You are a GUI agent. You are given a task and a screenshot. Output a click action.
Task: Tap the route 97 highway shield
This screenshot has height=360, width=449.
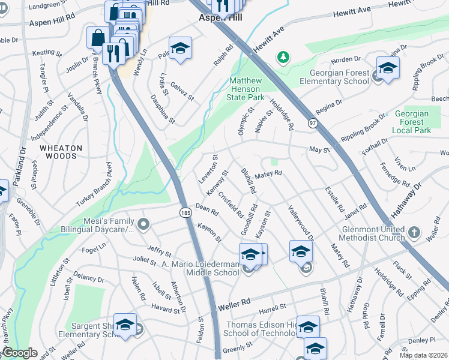click(x=313, y=122)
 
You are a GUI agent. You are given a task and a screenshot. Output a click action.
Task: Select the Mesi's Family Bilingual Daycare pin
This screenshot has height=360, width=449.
click(x=143, y=225)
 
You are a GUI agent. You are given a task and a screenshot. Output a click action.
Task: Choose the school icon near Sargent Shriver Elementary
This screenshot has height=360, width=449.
click(x=125, y=326)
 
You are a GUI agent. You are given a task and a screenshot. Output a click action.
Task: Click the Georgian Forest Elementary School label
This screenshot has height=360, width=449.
click(x=334, y=77)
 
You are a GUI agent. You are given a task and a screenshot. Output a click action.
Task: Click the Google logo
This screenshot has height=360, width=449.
click(x=19, y=353)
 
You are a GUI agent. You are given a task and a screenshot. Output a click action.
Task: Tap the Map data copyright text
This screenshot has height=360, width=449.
click(x=423, y=355)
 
